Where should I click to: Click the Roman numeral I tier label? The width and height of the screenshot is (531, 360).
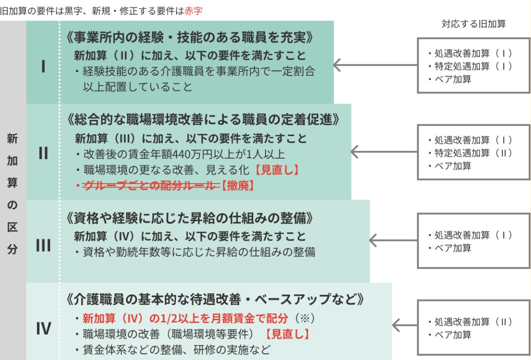point(43,66)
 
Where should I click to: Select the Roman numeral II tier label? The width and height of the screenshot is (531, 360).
point(43,152)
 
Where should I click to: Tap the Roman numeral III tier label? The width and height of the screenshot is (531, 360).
point(43,245)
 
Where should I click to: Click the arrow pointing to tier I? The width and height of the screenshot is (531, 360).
point(374,65)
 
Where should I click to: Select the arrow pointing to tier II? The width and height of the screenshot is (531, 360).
point(383,152)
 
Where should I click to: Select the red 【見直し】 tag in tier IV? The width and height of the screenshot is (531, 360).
point(287,334)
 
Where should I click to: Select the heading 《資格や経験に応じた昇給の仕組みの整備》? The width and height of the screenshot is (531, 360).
point(191,219)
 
